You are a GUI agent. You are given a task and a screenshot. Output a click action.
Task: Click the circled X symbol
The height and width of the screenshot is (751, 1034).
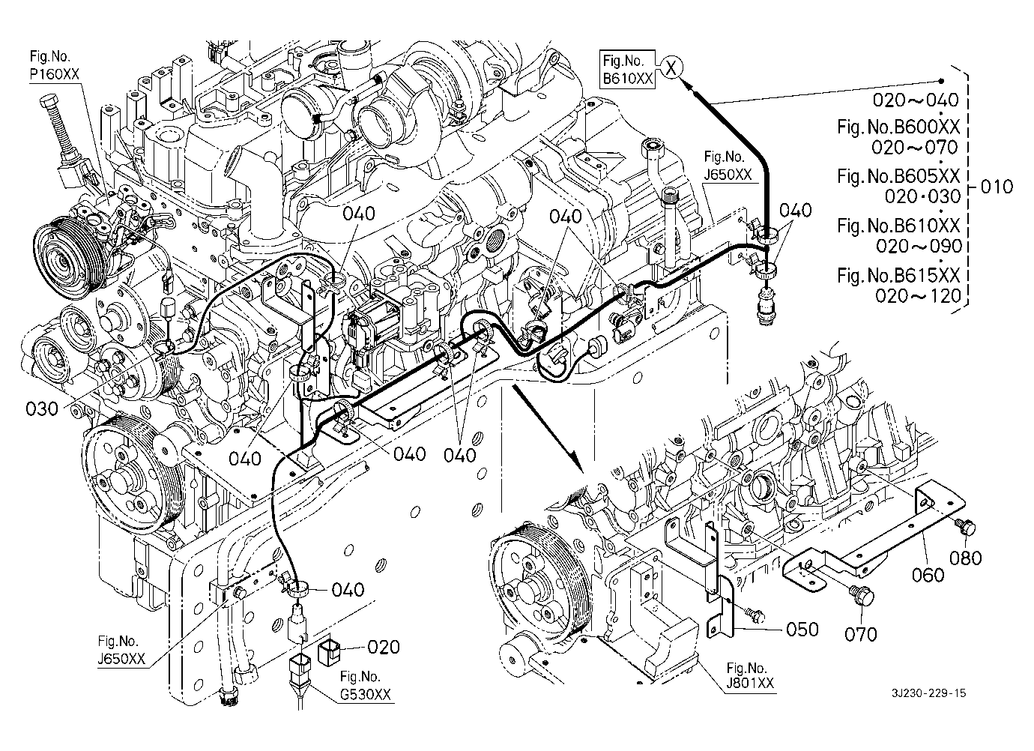coord(671,68)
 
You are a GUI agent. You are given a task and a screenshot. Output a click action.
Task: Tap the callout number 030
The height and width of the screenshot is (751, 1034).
coord(42,408)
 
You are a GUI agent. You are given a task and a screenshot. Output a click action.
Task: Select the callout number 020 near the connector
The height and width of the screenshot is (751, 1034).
coord(383,647)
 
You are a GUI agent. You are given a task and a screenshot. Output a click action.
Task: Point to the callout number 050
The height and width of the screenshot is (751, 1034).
coord(802,630)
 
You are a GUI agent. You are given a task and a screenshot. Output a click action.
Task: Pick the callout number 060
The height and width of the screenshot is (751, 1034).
coord(928,575)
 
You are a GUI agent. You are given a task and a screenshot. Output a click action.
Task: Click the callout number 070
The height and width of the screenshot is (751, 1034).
coord(860,635)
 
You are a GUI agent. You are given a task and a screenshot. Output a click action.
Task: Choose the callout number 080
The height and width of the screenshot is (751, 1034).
coord(965,558)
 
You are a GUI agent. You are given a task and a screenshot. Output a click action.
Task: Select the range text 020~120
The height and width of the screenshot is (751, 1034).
coord(918,295)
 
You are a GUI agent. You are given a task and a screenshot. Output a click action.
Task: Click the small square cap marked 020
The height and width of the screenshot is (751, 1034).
coord(329,652)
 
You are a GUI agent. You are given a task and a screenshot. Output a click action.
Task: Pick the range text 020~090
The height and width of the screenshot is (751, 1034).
coord(919,246)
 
